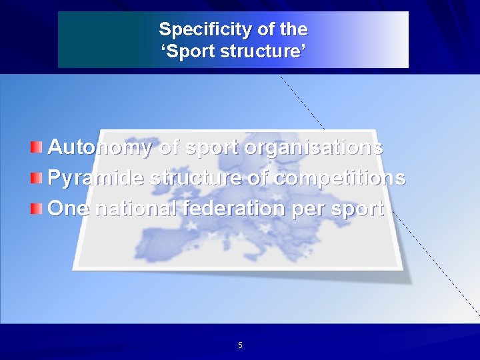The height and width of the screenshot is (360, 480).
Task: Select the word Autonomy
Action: pos(100,147)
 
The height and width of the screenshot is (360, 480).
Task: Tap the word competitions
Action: pos(339,178)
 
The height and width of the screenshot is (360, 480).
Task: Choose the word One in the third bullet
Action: pos(70,209)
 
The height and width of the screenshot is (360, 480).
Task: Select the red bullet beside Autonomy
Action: pos(37,147)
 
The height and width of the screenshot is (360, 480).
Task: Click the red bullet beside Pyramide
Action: pos(37,177)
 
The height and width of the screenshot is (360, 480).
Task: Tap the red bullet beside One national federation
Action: pos(37,209)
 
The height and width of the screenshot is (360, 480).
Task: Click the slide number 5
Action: pos(240,345)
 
